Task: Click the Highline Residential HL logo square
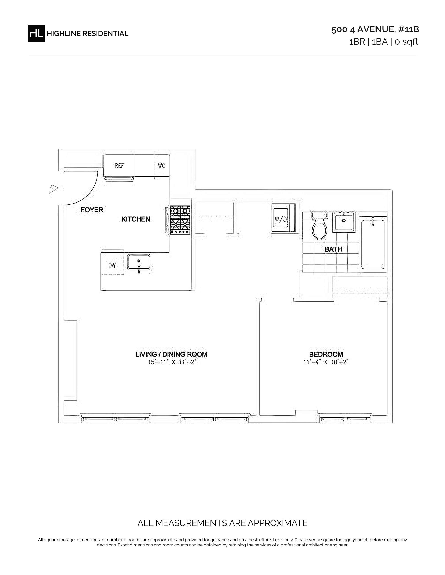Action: point(36,33)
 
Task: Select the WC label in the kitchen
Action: point(162,166)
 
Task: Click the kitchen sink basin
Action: point(139,262)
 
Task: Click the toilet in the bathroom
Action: point(320,226)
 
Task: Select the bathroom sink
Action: point(344,222)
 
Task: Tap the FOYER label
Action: point(92,210)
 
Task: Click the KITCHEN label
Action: point(136,219)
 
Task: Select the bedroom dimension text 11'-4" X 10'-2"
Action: point(326,362)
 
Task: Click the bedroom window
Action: point(345,419)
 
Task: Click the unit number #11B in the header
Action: point(409,29)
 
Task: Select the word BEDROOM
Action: point(326,354)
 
